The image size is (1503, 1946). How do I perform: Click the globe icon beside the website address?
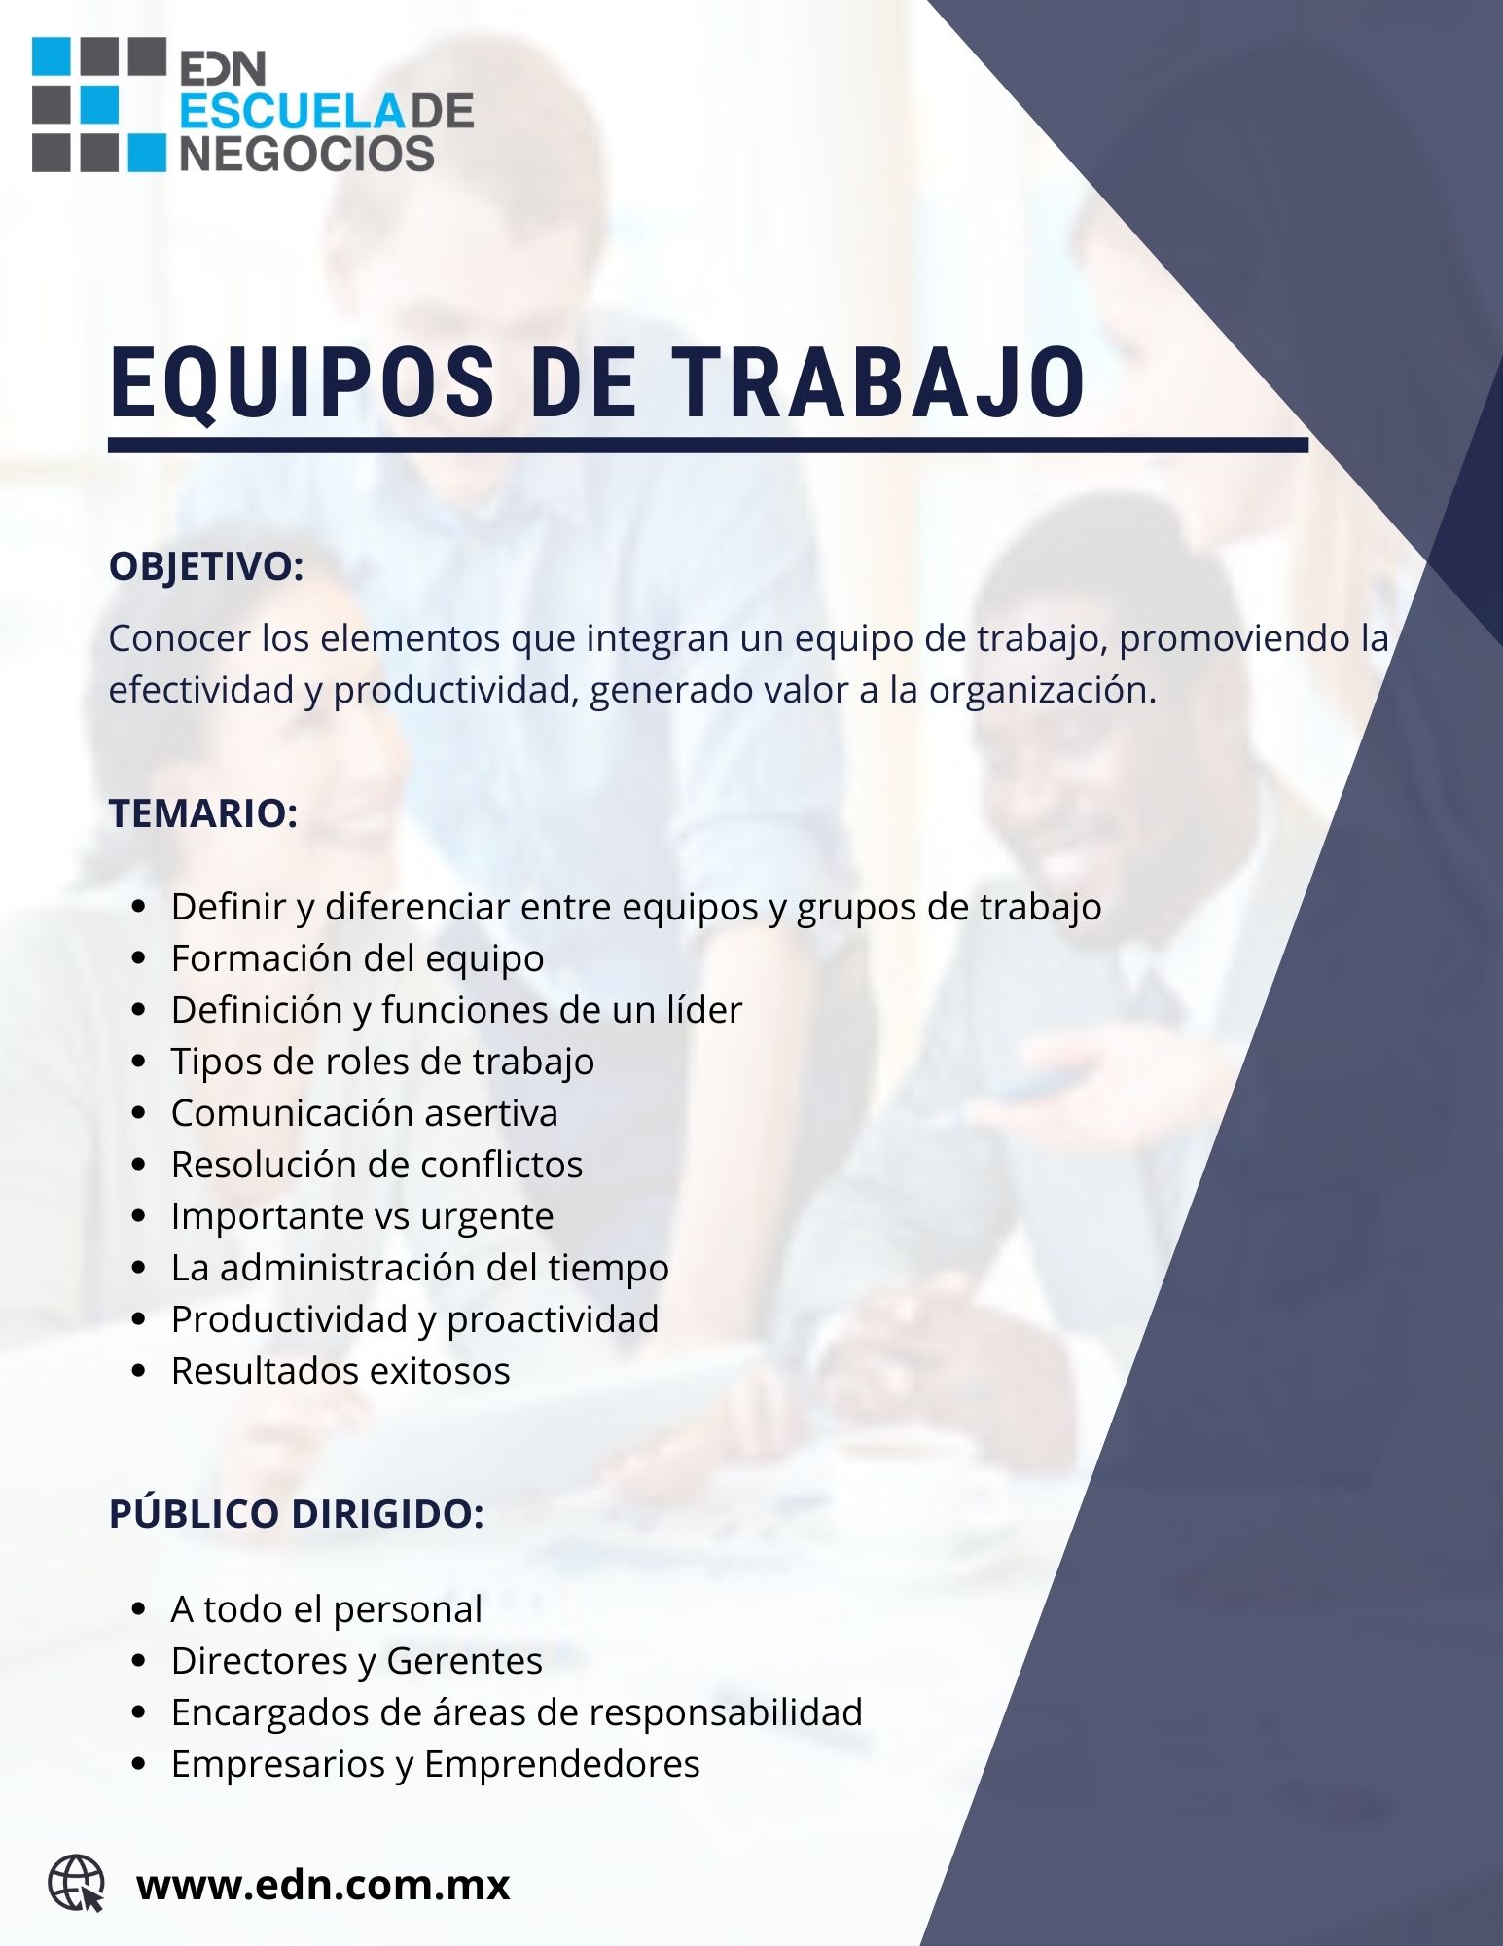(77, 1883)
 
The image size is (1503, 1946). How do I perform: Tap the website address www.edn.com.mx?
(323, 1885)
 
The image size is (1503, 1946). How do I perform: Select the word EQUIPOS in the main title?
(303, 383)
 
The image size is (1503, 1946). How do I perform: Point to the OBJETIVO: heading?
(206, 567)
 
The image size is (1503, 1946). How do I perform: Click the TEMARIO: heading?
(203, 813)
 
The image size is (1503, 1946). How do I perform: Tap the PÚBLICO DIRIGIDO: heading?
(297, 1513)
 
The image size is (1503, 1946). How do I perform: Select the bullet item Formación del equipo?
(358, 959)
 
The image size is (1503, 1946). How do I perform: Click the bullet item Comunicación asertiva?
(365, 1112)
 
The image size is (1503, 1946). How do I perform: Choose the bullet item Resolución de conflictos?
(377, 1164)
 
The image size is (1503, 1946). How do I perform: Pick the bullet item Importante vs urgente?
(363, 1216)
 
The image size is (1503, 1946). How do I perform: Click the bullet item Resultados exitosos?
(340, 1370)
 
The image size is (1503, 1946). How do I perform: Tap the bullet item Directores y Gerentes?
(357, 1660)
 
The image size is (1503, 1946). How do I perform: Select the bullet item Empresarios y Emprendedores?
(436, 1764)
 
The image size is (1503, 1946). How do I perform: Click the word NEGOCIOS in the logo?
(307, 154)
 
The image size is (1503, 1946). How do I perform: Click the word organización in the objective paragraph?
(1043, 691)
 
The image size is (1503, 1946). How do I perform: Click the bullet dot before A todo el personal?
(138, 1610)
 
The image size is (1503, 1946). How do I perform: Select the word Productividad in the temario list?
(289, 1319)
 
